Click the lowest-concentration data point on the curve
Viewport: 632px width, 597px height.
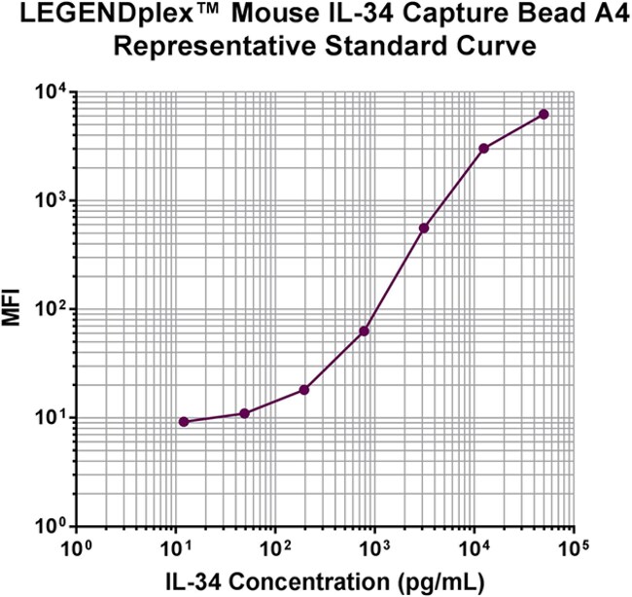click(x=184, y=422)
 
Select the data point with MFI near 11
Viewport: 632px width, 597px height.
click(x=244, y=413)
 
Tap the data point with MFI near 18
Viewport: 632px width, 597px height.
click(x=304, y=390)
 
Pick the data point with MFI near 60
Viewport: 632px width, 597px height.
click(x=365, y=332)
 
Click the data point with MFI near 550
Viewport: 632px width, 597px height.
click(x=424, y=228)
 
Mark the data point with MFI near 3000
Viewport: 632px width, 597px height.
click(x=483, y=148)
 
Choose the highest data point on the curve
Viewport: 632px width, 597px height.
click(x=544, y=115)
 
